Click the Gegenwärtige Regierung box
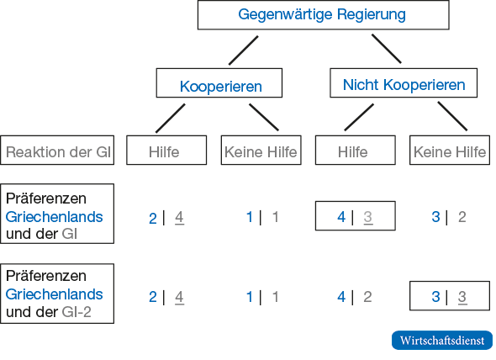[x=324, y=15]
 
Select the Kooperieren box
[x=219, y=83]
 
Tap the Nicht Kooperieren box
[x=404, y=83]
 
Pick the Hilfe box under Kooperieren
[x=166, y=150]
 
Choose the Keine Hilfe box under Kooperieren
[x=261, y=150]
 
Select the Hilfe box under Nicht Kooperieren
[x=356, y=150]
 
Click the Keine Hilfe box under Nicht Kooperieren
[x=450, y=150]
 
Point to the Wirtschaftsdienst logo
[x=442, y=341]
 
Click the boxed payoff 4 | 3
[x=356, y=216]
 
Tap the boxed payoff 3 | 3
[x=450, y=296]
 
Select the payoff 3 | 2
[x=449, y=217]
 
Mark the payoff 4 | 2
[x=354, y=297]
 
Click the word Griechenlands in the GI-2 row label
[x=54, y=294]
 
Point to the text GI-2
[x=77, y=312]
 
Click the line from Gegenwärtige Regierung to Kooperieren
[x=243, y=50]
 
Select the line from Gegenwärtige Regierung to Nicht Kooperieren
[x=386, y=49]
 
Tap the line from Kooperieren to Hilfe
[x=170, y=119]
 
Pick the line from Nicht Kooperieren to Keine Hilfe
[x=452, y=116]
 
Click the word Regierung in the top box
[x=372, y=15]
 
